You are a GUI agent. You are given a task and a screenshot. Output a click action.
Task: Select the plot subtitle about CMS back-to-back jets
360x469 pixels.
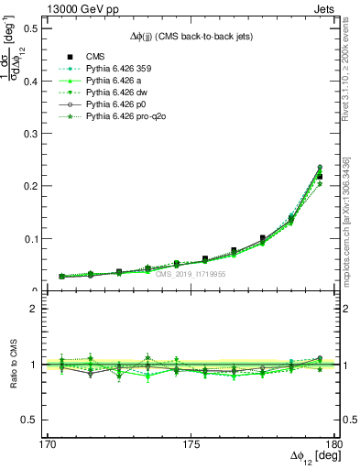[190, 36]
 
